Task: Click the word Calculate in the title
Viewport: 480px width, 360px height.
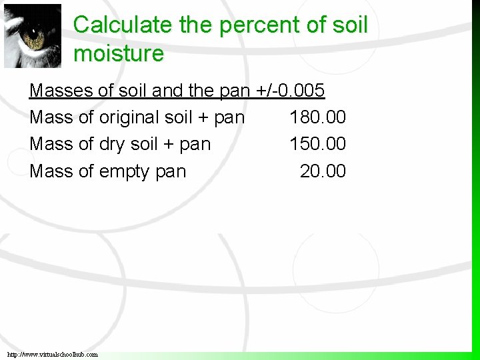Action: (123, 25)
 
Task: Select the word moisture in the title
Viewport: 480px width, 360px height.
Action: (119, 53)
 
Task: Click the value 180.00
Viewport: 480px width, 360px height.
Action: (317, 117)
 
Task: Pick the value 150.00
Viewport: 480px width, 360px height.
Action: (317, 144)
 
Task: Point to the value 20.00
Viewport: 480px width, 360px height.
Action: (323, 171)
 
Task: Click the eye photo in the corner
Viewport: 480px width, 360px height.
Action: (32, 35)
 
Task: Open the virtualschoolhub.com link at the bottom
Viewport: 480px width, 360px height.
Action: (52, 354)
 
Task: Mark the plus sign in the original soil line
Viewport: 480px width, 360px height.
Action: (198, 118)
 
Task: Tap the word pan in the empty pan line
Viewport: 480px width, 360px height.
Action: (171, 172)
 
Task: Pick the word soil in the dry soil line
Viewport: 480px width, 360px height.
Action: (144, 144)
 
